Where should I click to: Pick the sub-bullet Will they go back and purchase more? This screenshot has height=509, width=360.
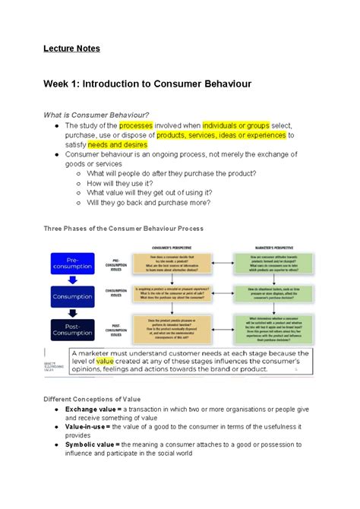pyautogui.click(x=149, y=203)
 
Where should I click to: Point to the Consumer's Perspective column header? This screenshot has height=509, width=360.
pyautogui.click(x=171, y=248)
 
